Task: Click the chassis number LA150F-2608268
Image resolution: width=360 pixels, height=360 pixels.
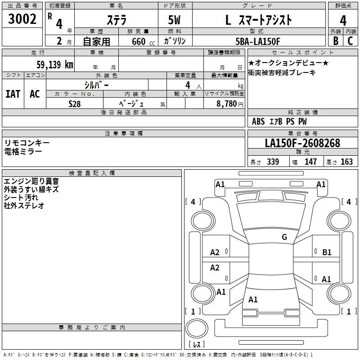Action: [x=302, y=144]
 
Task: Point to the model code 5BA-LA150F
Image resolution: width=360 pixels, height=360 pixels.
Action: [x=258, y=41]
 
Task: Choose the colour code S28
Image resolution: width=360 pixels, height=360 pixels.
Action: [x=75, y=103]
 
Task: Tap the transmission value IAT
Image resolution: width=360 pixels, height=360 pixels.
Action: [x=13, y=94]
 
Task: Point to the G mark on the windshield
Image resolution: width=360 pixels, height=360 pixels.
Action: [x=284, y=237]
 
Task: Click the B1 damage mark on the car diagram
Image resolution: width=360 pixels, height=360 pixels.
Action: [x=327, y=252]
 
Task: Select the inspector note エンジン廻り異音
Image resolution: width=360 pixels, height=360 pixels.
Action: [x=31, y=181]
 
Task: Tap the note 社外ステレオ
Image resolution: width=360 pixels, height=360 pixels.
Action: [x=24, y=206]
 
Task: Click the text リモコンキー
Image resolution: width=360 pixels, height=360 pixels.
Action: [x=27, y=143]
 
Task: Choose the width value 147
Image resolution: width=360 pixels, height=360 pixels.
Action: [x=310, y=162]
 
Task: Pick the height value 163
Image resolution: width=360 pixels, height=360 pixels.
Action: [x=346, y=162]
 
